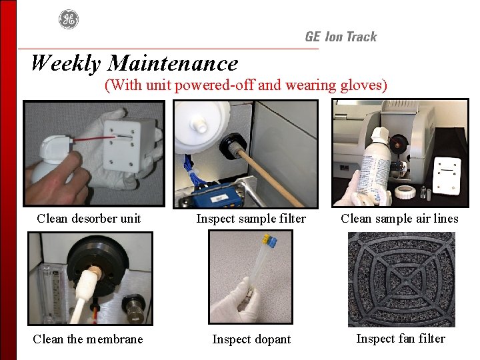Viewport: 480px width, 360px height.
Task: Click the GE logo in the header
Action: click(69, 19)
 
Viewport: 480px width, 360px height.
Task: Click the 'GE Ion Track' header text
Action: click(341, 37)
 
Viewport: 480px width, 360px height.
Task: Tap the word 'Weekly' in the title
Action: click(66, 63)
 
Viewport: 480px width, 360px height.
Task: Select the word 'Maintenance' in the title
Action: click(173, 63)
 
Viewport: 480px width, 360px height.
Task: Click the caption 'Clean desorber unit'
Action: click(89, 219)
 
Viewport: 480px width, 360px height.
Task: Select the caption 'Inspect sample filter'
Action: click(251, 219)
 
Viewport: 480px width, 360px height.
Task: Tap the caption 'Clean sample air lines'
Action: click(399, 219)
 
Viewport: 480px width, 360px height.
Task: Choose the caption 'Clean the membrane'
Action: click(88, 339)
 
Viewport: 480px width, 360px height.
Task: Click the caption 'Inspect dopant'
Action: click(251, 339)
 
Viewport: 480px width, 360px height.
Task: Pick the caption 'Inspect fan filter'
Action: click(401, 339)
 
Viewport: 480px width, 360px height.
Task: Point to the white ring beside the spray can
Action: click(405, 191)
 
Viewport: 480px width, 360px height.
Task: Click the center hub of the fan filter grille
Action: click(401, 279)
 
